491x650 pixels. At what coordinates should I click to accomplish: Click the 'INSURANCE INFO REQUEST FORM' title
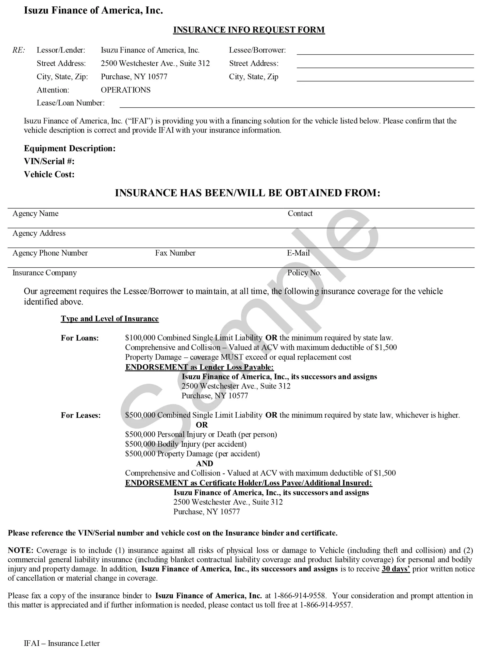point(249,30)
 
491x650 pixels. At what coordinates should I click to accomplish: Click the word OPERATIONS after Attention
point(125,90)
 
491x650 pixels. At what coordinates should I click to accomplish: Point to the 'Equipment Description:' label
point(70,148)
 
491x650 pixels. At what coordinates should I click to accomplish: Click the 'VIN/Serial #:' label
point(49,161)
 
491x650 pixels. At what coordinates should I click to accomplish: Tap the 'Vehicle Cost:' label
point(49,174)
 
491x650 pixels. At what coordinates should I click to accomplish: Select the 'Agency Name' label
point(35,214)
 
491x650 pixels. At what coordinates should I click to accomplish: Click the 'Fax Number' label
point(175,253)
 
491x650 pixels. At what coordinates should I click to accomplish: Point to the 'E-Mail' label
point(298,253)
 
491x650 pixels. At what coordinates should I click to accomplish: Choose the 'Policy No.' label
point(304,273)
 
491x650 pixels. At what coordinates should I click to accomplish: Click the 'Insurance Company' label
point(44,273)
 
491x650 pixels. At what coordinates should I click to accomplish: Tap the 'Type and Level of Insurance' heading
point(110,319)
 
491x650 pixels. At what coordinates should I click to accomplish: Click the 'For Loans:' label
point(80,338)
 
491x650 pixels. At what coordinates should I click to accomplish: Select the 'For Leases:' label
point(80,415)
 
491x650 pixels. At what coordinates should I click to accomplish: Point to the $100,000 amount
point(140,338)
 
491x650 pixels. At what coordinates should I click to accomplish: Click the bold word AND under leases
point(205,464)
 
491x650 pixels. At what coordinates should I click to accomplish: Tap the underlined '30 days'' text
point(396,569)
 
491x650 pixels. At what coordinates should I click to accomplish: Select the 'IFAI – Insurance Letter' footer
point(62,644)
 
